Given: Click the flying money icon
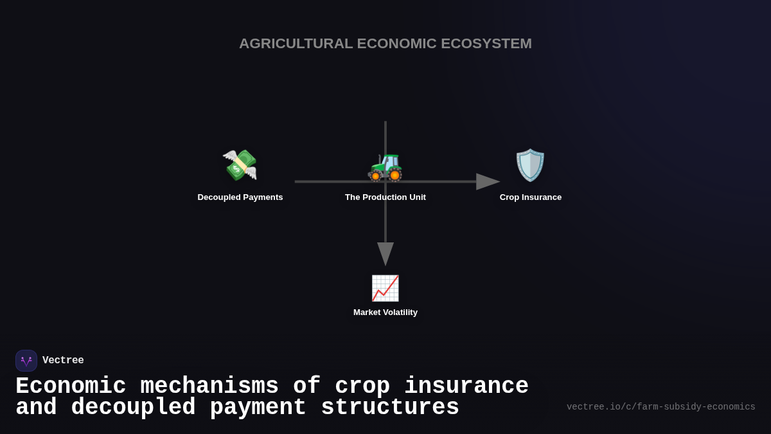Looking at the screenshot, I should click(240, 165).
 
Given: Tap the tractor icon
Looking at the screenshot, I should click(385, 167).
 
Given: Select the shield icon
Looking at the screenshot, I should click(530, 165).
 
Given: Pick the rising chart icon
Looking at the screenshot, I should click(385, 288).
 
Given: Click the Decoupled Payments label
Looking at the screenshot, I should click(240, 197).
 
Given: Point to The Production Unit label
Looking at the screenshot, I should click(385, 197).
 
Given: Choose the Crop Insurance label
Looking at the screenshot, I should click(531, 197).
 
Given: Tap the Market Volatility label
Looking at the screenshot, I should click(385, 312).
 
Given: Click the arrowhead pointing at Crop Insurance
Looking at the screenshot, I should click(488, 181).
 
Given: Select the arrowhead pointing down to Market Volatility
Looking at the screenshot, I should click(385, 253).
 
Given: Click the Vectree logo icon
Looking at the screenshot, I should click(26, 361).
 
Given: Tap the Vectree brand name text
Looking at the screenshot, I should click(63, 361).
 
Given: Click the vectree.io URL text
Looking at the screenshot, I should click(660, 407).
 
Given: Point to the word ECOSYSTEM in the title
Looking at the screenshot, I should click(486, 44).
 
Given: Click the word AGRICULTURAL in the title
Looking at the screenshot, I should click(296, 44).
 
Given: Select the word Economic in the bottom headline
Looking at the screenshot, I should click(71, 386).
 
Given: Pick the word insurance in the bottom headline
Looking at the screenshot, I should click(466, 386).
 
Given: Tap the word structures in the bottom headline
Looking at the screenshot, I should click(390, 408).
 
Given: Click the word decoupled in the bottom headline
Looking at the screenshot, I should click(133, 408).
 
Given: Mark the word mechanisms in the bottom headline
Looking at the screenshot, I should click(209, 386).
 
